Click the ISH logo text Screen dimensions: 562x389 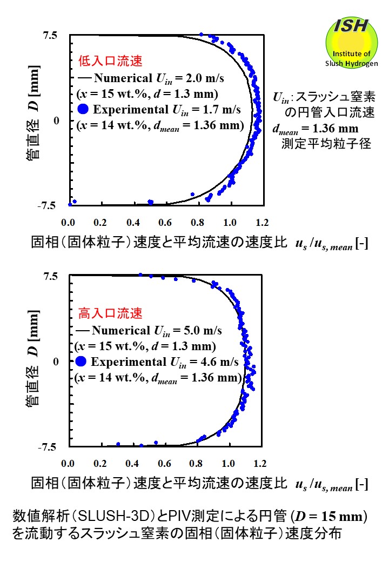tap(351, 25)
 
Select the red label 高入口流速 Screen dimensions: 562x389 tap(103, 313)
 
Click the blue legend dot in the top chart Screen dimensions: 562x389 tap(83, 110)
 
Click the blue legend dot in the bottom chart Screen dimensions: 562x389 tap(82, 362)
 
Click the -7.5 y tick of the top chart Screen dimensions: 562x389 tap(47, 205)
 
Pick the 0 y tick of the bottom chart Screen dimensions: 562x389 tap(55, 361)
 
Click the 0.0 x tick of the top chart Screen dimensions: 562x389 tap(68, 222)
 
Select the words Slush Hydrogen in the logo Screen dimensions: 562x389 tap(351, 63)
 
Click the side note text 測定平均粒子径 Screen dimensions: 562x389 tap(326, 144)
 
